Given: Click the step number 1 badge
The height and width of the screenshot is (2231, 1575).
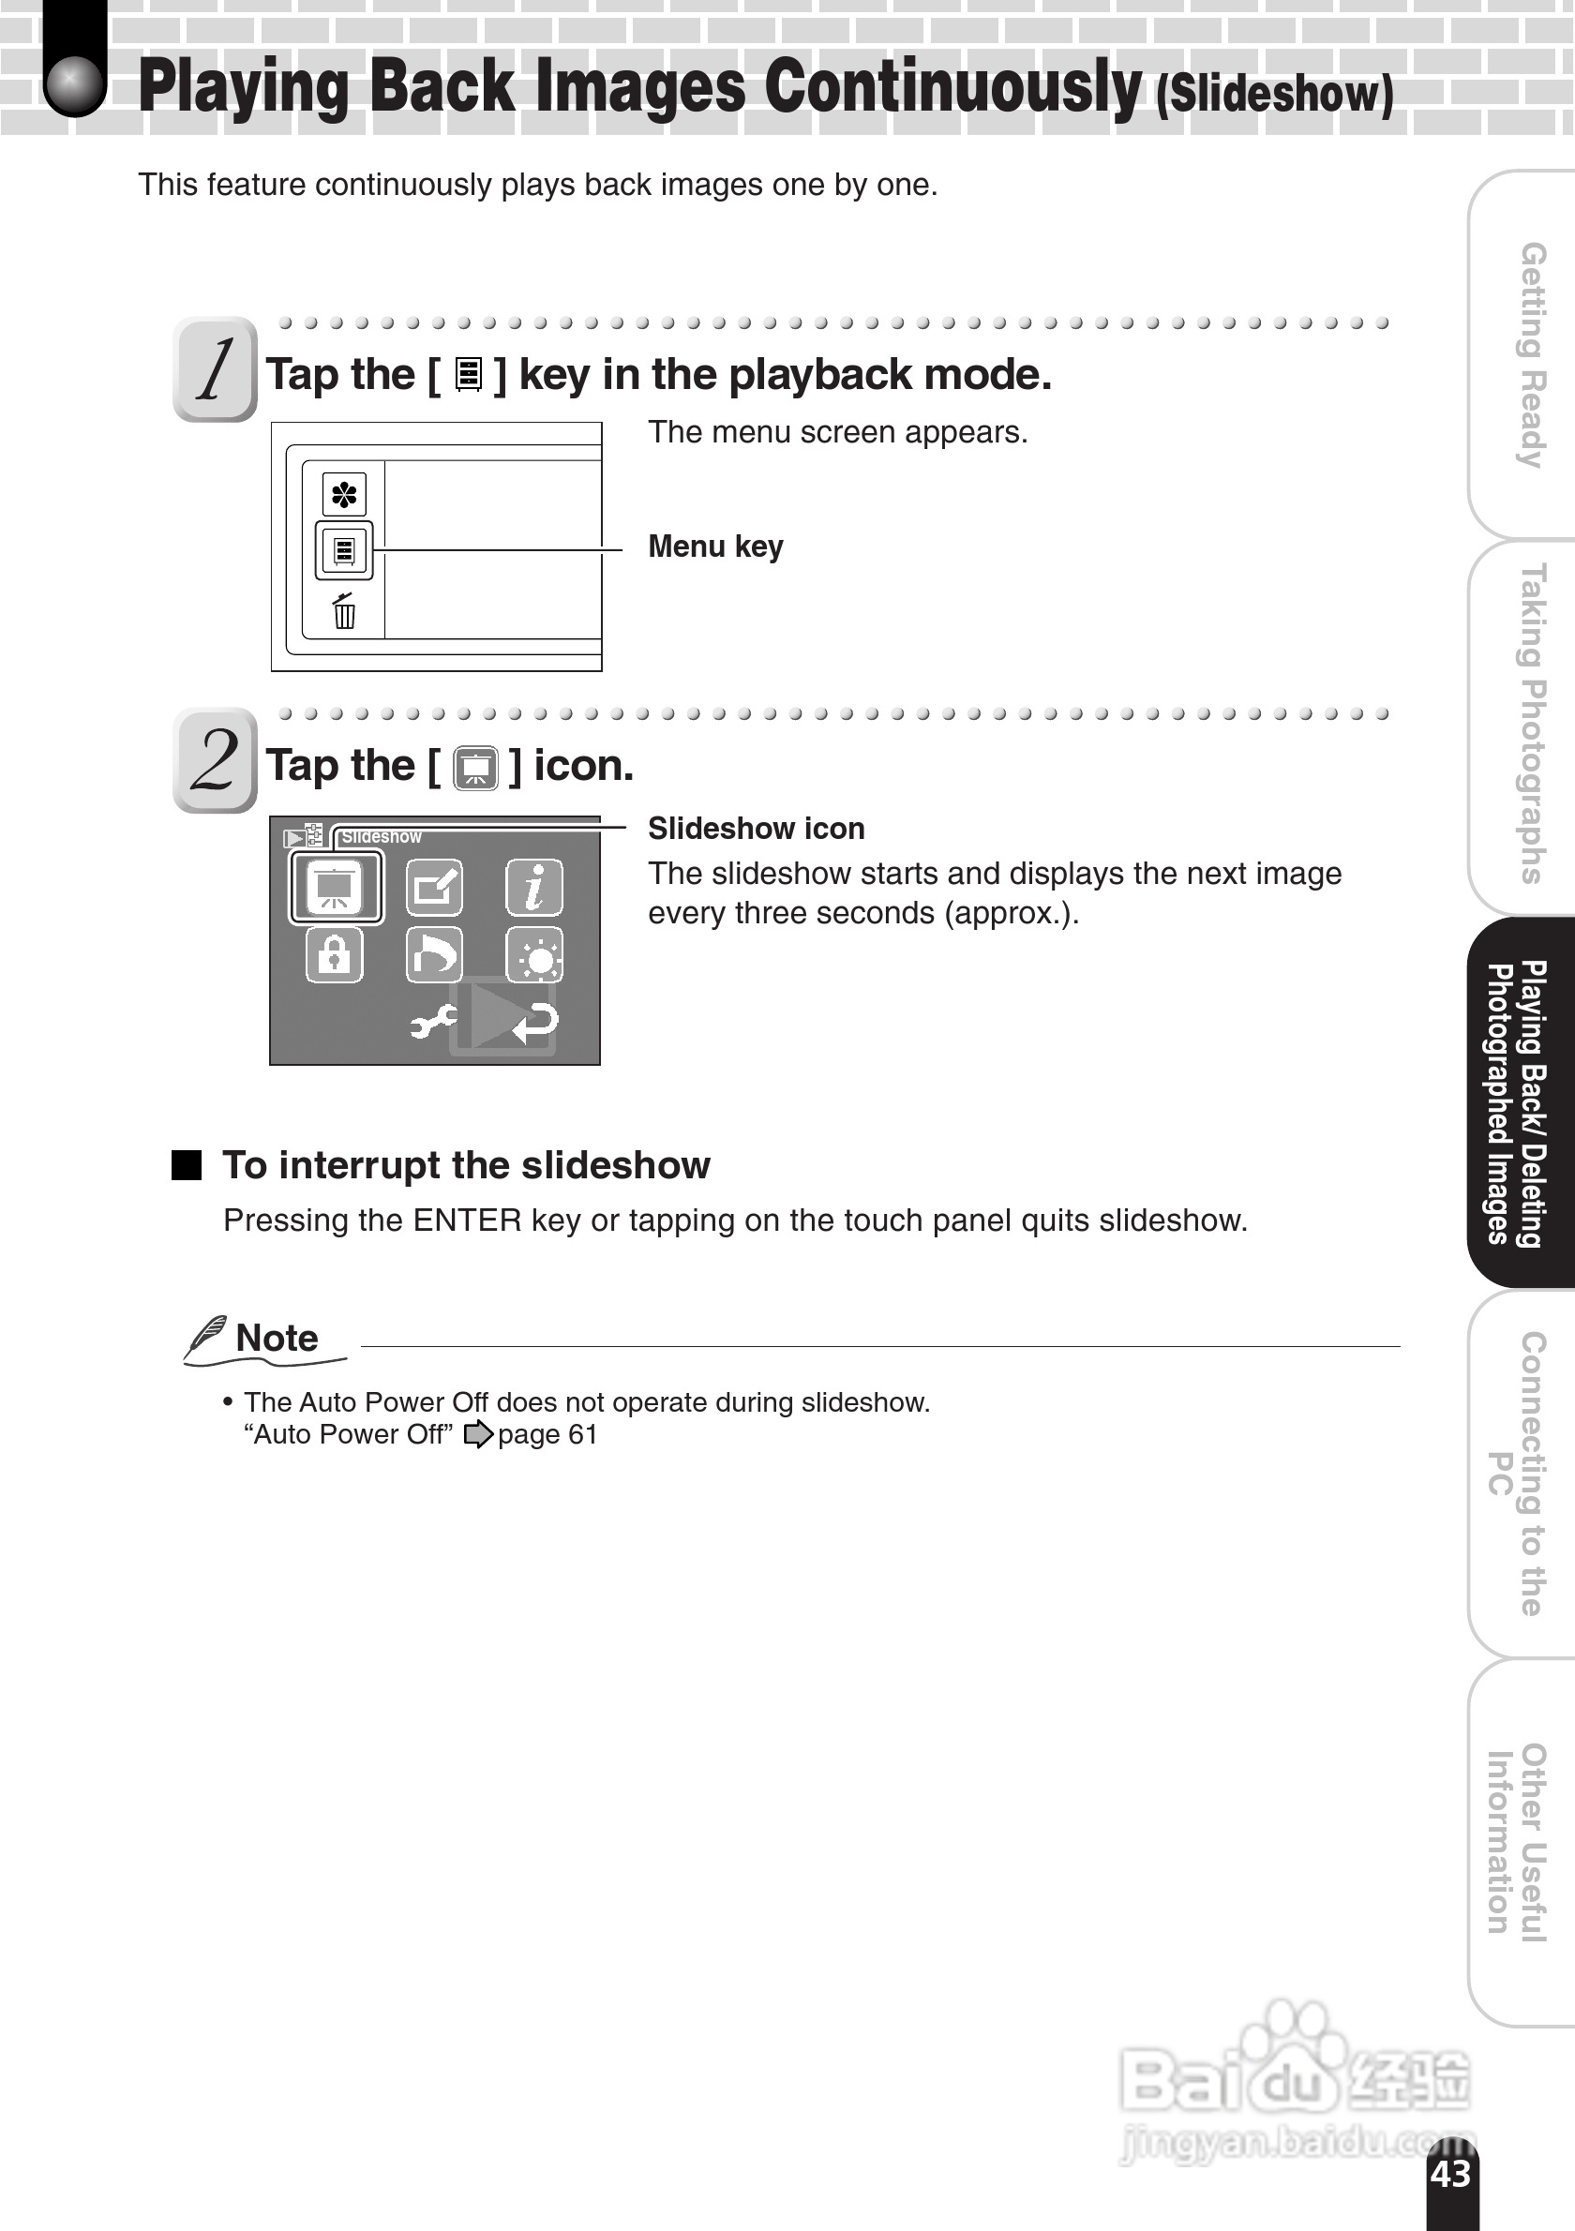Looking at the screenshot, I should pyautogui.click(x=215, y=369).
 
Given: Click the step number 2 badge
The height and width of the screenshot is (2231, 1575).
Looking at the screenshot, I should pyautogui.click(x=215, y=760).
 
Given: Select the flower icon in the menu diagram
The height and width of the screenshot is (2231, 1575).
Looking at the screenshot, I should pyautogui.click(x=344, y=496).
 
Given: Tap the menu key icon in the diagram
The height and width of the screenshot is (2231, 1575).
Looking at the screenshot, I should pyautogui.click(x=344, y=551).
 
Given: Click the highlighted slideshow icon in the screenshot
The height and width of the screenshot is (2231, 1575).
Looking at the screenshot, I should pyautogui.click(x=336, y=887).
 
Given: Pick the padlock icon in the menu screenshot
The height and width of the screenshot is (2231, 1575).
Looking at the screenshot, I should pyautogui.click(x=335, y=954).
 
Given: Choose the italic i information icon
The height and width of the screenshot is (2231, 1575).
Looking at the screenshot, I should pyautogui.click(x=533, y=887).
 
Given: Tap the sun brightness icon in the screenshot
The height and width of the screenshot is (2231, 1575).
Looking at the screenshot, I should pyautogui.click(x=534, y=956).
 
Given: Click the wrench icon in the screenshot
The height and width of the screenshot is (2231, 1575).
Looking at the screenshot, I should pyautogui.click(x=431, y=1021).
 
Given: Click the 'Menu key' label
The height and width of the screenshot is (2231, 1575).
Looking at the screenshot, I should pyautogui.click(x=715, y=547).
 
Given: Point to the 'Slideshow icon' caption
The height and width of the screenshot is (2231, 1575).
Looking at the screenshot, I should pyautogui.click(x=756, y=829).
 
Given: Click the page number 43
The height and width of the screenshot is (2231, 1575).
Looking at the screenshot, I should pyautogui.click(x=1449, y=2175).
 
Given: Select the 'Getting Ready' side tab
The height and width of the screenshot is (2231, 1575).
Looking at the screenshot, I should pyautogui.click(x=1531, y=354).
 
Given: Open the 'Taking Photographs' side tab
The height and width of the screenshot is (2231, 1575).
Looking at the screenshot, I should pyautogui.click(x=1531, y=724).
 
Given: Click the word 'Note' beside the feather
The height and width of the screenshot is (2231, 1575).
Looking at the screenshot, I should pyautogui.click(x=277, y=1339).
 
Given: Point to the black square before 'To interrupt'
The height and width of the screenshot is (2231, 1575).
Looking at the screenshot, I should pyautogui.click(x=187, y=1165).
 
